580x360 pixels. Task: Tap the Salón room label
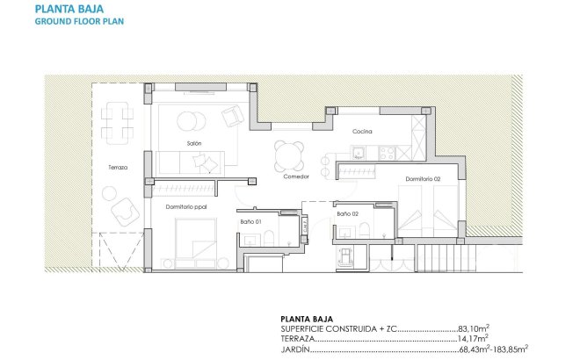pos(195,142)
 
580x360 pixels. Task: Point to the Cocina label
pos(362,132)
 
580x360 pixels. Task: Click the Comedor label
pos(296,176)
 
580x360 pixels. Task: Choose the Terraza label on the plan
pos(118,168)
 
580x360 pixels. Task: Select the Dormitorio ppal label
pos(185,206)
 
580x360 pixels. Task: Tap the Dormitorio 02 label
pos(423,178)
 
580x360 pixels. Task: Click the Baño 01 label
pos(251,221)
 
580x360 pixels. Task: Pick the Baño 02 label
pos(347,213)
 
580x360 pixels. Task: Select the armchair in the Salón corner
pos(232,116)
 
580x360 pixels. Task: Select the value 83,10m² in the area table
pos(470,328)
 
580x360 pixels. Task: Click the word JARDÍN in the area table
pos(296,348)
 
